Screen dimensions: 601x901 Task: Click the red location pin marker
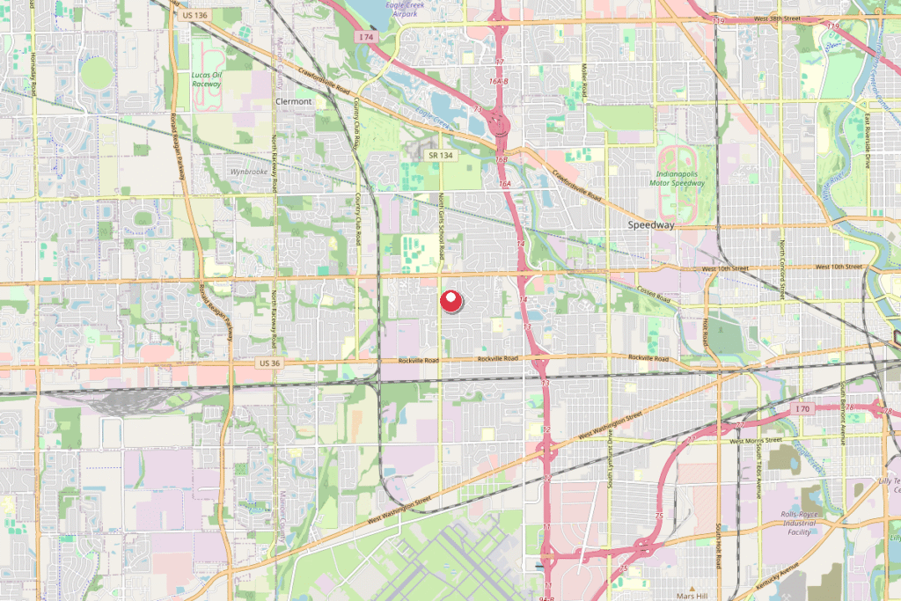click(x=450, y=301)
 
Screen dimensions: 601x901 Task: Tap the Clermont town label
click(x=294, y=102)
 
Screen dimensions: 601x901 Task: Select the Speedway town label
click(x=651, y=225)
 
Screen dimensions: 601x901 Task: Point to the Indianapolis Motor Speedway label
click(x=683, y=174)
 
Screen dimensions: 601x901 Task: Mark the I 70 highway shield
click(x=801, y=409)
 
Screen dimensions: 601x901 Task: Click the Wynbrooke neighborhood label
click(x=249, y=172)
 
